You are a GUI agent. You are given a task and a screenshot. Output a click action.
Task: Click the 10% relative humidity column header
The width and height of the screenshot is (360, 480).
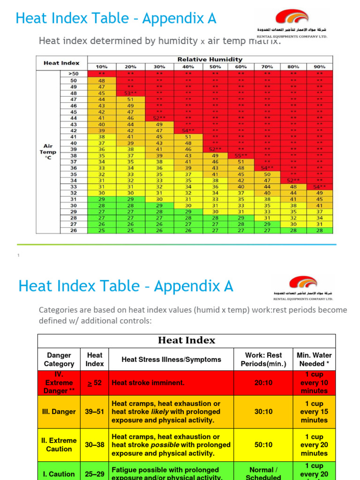[102, 67]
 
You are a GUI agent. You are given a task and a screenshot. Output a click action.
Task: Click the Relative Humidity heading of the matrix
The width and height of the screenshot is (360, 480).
[210, 60]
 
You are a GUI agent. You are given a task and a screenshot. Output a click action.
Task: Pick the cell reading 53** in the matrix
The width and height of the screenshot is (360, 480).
[130, 93]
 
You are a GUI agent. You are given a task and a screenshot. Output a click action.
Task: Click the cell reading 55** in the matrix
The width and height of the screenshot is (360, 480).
[241, 155]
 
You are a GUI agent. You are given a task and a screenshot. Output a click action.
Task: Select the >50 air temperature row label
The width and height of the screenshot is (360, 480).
[74, 74]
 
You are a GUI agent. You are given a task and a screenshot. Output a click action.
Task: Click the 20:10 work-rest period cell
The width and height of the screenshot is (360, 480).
[263, 382]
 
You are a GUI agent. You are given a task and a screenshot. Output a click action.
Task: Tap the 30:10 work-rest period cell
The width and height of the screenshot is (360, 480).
[263, 412]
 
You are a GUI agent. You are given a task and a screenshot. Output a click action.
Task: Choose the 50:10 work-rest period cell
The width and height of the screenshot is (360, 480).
[263, 445]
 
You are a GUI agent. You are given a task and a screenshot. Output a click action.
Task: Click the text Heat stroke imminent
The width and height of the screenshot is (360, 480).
[148, 382]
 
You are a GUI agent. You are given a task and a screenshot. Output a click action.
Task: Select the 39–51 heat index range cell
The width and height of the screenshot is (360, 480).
[95, 412]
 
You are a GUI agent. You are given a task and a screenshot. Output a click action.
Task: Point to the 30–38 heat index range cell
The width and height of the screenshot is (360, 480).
[95, 445]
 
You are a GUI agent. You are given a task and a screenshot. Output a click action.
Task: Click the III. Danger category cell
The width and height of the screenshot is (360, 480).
[59, 412]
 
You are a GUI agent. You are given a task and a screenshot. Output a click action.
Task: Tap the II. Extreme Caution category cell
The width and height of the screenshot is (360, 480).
[59, 445]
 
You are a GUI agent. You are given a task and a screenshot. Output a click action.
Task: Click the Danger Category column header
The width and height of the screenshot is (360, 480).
[59, 360]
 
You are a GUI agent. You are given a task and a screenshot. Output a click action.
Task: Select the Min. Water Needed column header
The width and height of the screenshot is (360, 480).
[314, 360]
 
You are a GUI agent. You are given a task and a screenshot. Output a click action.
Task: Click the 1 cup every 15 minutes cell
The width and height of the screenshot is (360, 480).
[314, 412]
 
